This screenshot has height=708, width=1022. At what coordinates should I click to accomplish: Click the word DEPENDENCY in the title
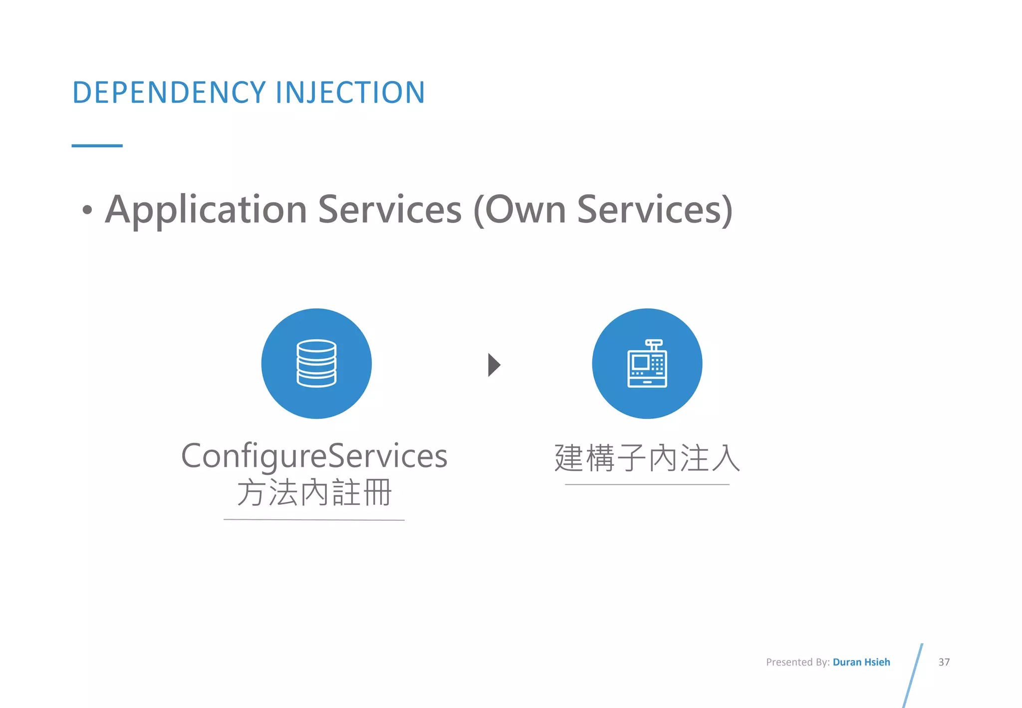coord(169,92)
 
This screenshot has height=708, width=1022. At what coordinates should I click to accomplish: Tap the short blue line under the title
coord(97,146)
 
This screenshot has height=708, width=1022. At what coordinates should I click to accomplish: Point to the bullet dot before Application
coord(87,210)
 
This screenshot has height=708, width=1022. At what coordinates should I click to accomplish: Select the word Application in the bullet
coord(206,210)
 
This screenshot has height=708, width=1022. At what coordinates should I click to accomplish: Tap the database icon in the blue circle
coord(316,363)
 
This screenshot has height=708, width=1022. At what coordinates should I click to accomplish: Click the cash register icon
coord(647,363)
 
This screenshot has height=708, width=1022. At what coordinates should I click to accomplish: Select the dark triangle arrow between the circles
coord(494,364)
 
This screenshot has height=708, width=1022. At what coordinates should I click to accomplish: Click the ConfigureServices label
coord(314,456)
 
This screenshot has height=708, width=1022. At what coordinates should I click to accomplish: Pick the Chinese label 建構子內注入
coord(647,458)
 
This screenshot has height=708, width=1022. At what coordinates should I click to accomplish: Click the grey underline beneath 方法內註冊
coord(314,520)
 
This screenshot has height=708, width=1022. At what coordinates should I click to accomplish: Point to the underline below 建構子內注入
coord(647,484)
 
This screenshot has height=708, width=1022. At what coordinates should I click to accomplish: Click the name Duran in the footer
coord(847,662)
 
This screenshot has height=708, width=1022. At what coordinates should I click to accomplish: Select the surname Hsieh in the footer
coord(877,662)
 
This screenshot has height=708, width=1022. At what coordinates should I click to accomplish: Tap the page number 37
coord(944,662)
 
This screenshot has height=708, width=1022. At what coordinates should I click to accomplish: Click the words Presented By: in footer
coord(797,662)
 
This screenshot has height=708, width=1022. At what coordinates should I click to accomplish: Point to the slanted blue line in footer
coord(913,675)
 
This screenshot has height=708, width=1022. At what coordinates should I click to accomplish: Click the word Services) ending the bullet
coord(655,210)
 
